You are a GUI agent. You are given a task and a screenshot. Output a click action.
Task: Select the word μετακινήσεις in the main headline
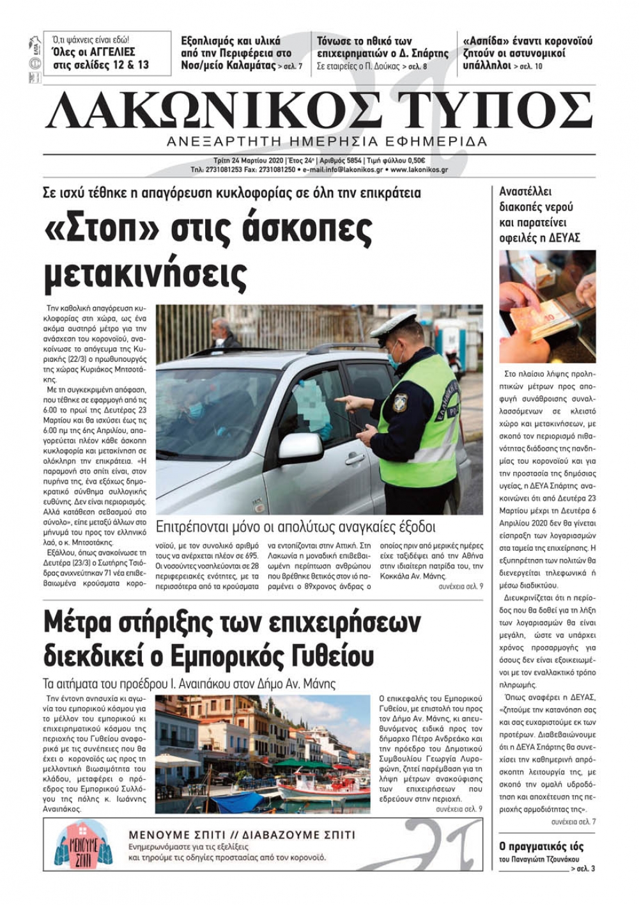(145, 273)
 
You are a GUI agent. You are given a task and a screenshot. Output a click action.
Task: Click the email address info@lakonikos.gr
(344, 170)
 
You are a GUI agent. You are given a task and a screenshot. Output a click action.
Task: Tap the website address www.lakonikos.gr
(419, 170)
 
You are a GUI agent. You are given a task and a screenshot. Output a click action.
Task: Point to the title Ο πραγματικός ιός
(541, 846)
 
